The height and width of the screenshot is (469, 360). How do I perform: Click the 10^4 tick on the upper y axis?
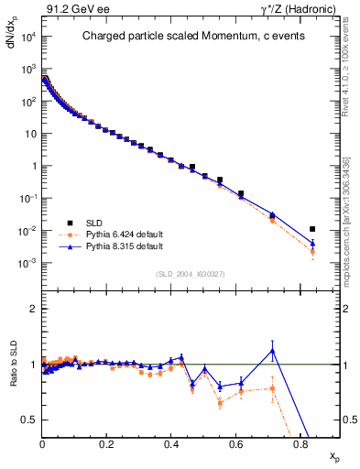(x=27, y=37)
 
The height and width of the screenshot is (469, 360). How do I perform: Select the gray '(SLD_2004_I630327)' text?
(x=191, y=273)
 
